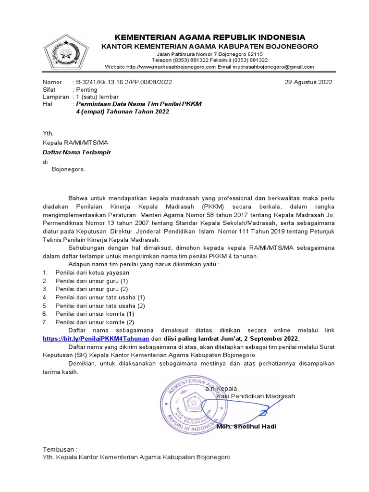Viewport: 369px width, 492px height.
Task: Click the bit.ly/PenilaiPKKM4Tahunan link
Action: pos(99,339)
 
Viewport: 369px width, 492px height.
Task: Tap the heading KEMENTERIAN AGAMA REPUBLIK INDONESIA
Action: pos(209,37)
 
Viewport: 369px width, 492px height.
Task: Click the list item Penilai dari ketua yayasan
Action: pos(86,272)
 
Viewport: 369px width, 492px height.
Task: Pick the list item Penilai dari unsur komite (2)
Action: pos(95,322)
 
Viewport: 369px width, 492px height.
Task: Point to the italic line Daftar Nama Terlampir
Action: pos(77,152)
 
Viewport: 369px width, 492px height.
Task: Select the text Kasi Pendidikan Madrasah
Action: pos(256,396)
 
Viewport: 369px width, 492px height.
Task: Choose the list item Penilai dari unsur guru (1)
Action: pos(92,281)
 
